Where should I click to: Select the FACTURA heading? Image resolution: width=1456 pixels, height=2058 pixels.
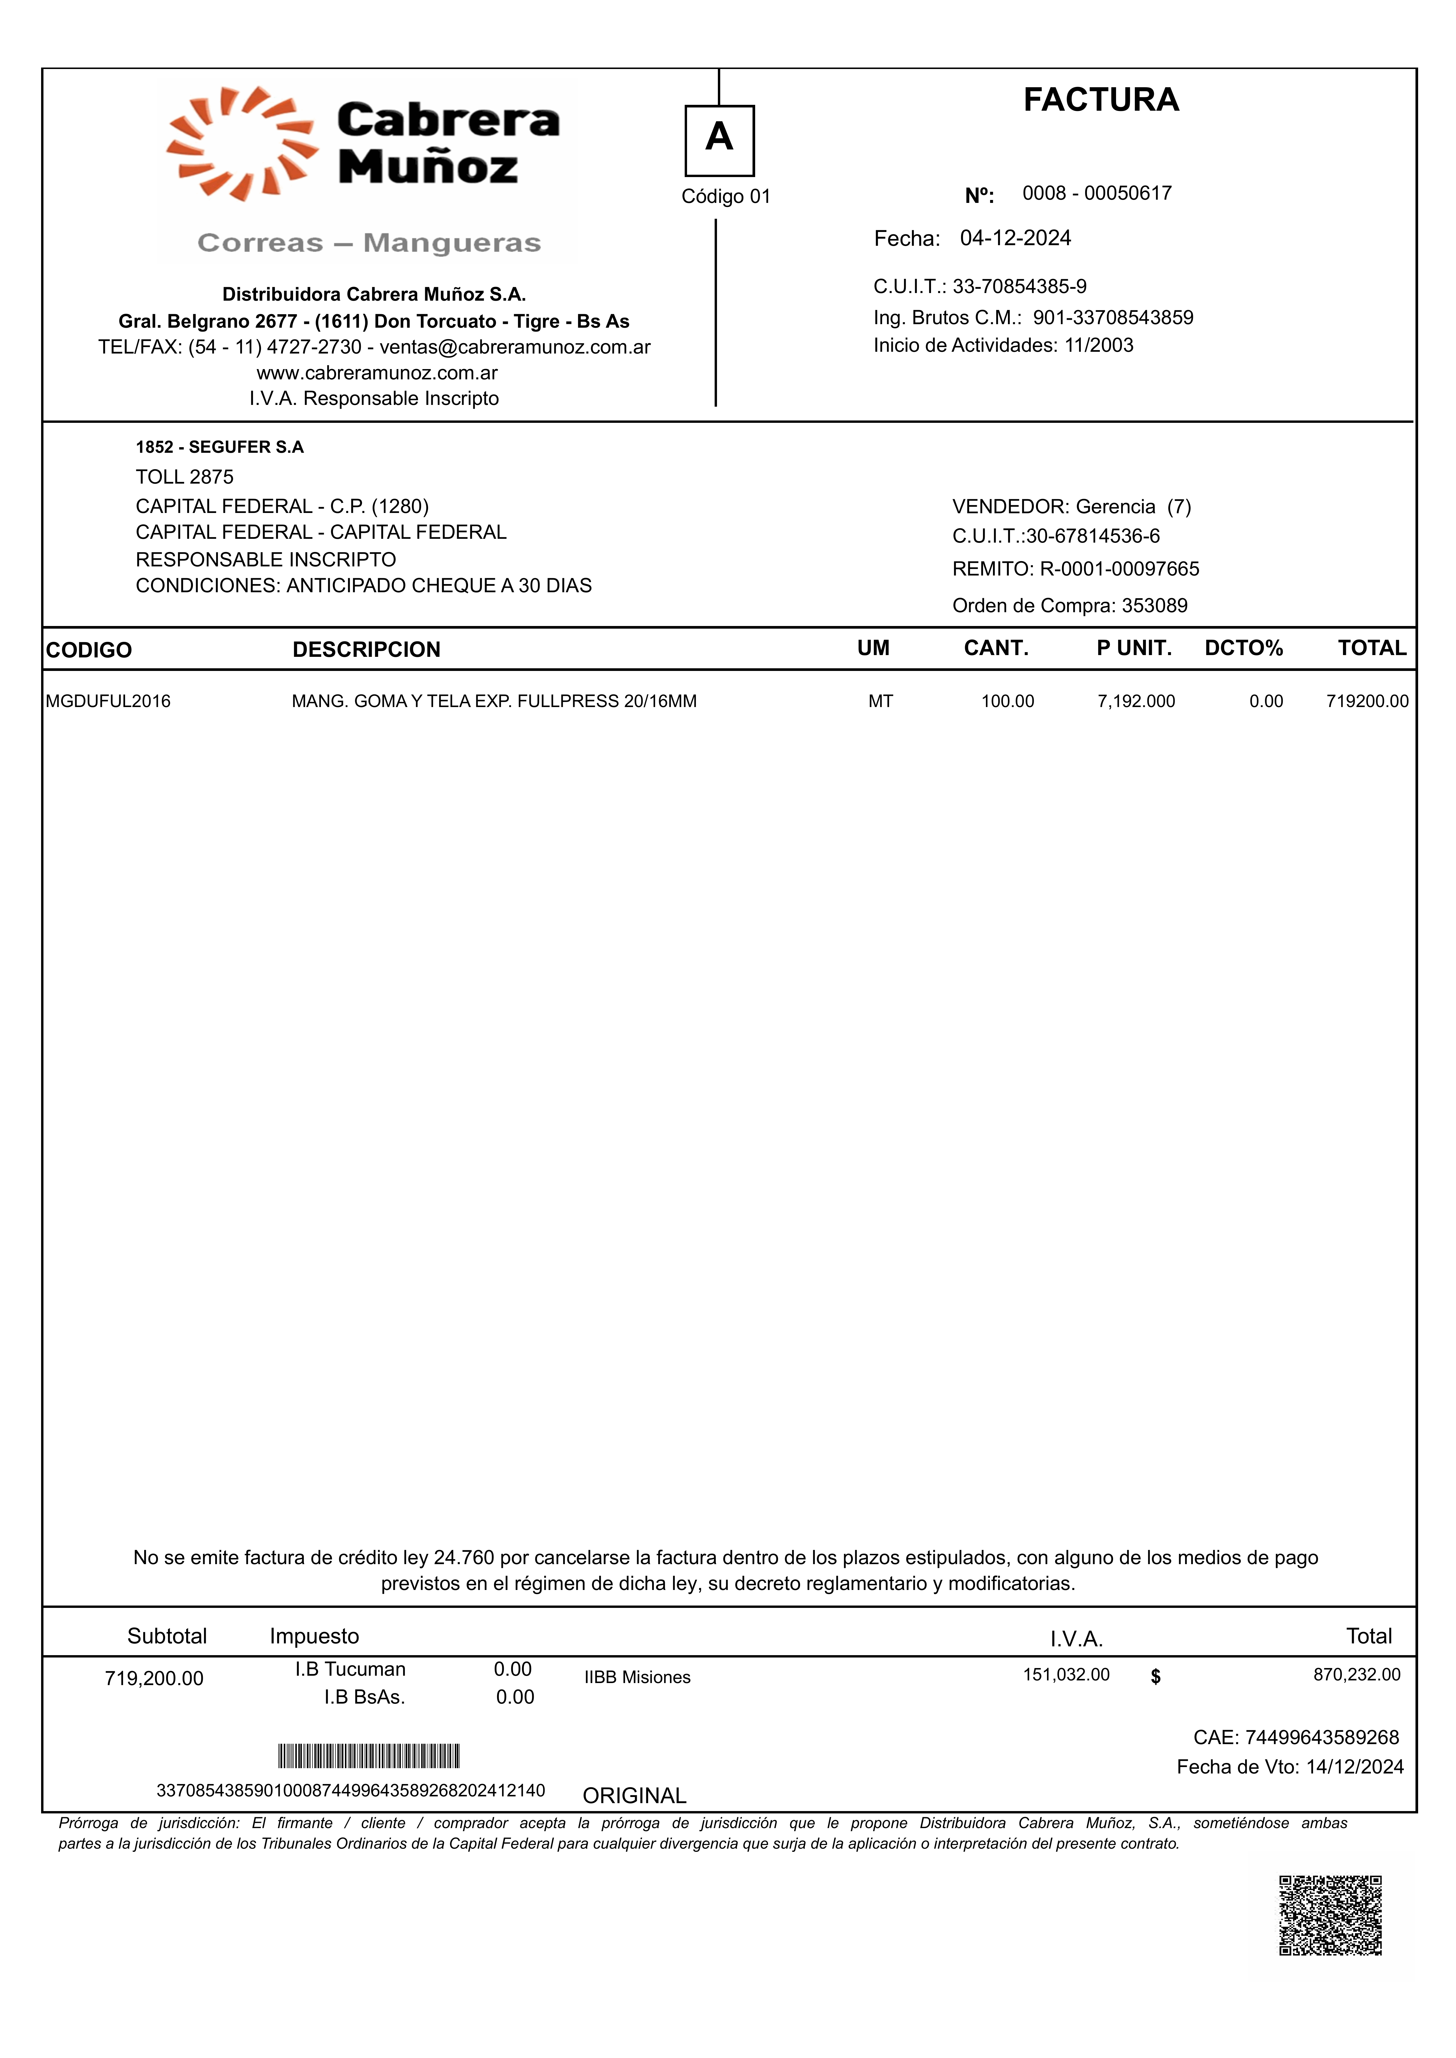(x=1101, y=100)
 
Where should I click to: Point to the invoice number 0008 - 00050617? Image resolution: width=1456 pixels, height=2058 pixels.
(x=1097, y=193)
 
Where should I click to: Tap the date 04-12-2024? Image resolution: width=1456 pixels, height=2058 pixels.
(x=1015, y=238)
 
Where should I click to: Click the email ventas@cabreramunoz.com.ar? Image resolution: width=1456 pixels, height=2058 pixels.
(x=515, y=347)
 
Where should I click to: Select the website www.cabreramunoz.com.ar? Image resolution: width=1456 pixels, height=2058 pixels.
(x=376, y=373)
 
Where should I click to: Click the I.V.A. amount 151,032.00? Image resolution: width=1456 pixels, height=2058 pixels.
(x=1066, y=1674)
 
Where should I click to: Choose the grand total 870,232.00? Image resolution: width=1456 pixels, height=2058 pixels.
(x=1356, y=1674)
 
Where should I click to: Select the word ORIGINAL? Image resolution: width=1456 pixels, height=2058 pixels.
(x=634, y=1796)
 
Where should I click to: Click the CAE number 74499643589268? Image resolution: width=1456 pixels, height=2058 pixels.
(x=1322, y=1737)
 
